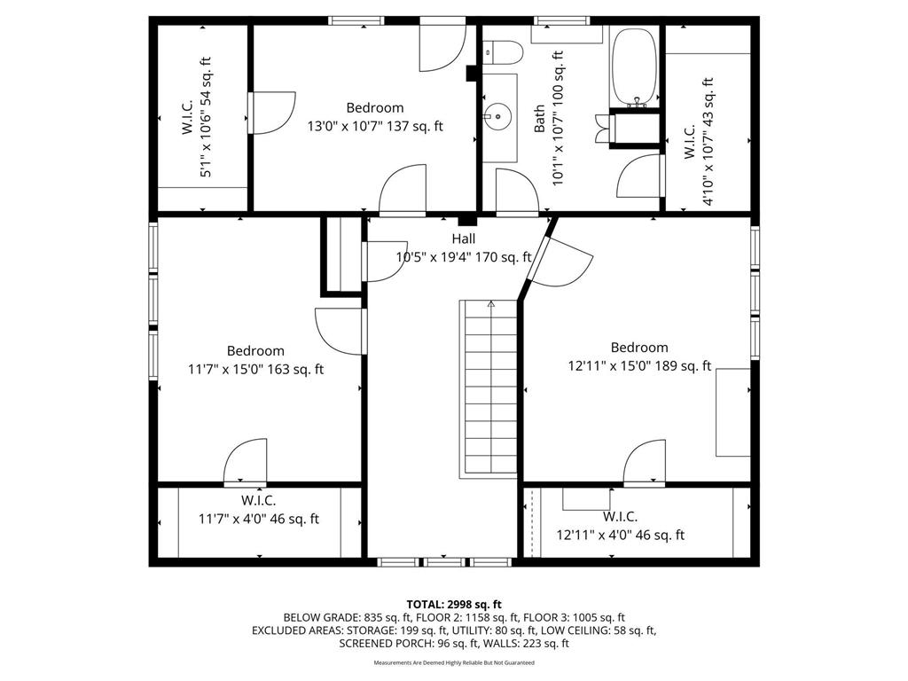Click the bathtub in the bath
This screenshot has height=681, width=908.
634,67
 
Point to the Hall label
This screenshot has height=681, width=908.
463,239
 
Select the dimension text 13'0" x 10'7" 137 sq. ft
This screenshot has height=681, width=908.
375,126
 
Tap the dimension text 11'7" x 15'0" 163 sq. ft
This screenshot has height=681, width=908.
255,369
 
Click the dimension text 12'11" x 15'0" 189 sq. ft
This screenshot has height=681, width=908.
639,365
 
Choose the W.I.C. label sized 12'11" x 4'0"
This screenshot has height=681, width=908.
620,516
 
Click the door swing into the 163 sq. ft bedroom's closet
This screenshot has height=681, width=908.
246,462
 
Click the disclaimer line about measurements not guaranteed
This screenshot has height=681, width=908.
454,662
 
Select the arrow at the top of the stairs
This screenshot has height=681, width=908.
491,303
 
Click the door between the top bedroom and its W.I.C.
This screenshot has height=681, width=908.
271,113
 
